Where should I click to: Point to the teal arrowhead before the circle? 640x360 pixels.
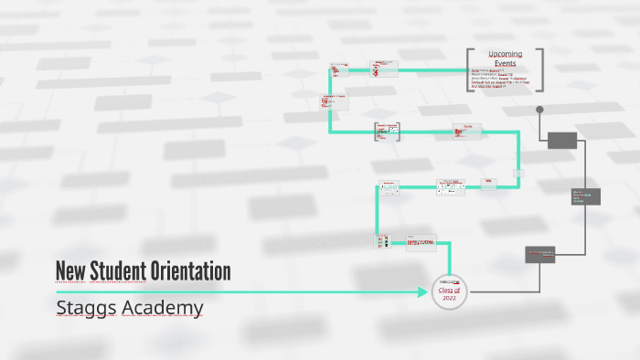click(422, 292)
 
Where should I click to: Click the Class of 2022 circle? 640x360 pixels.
click(449, 291)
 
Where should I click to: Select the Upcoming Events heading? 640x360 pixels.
click(505, 58)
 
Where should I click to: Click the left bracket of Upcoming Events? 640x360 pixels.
click(469, 69)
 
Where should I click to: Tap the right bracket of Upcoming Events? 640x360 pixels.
click(540, 69)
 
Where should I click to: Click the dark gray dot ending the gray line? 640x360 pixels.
click(539, 110)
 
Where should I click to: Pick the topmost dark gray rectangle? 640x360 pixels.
click(561, 140)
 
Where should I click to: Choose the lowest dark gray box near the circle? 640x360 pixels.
click(540, 255)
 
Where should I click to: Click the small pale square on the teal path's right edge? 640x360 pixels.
click(518, 173)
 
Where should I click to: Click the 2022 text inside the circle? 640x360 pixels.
click(449, 298)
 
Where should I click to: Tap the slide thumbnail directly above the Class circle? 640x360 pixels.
click(422, 243)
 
